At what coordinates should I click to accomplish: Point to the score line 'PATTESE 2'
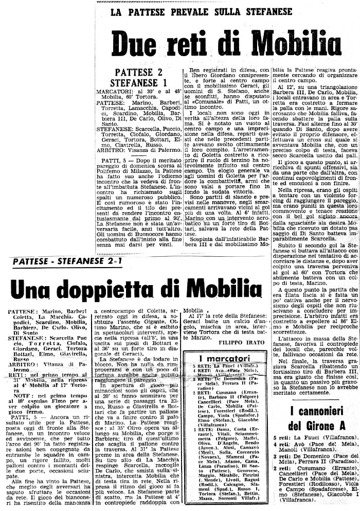[x=138, y=72]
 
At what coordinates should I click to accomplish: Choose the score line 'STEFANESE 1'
[x=138, y=82]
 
